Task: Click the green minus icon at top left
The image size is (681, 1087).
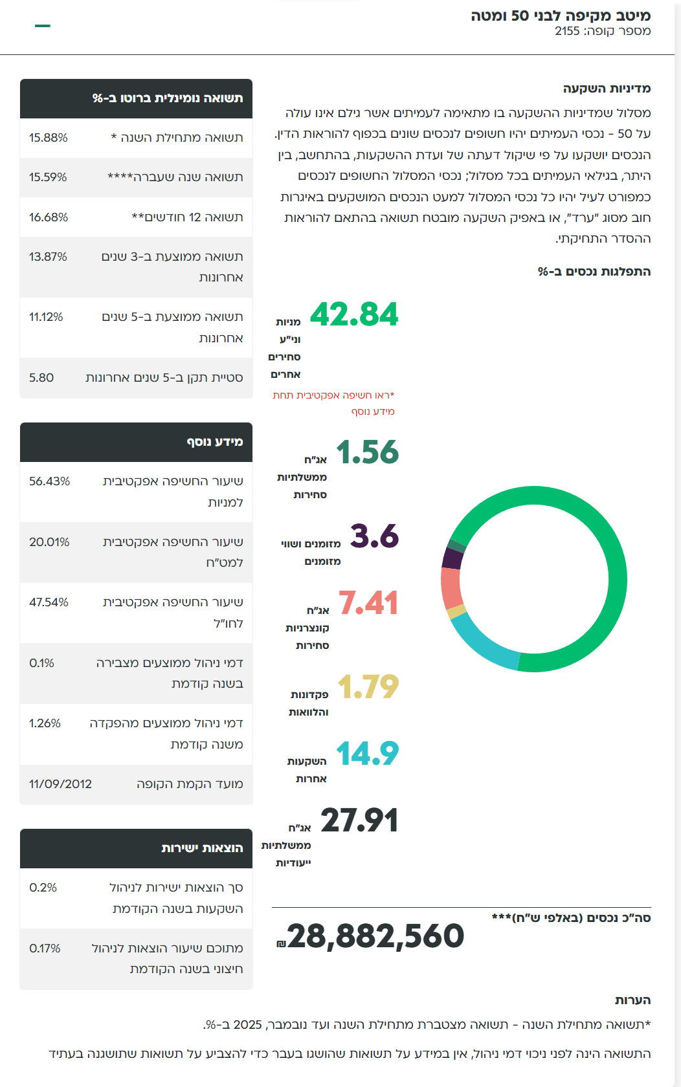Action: pos(43,26)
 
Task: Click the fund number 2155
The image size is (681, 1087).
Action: pos(567,31)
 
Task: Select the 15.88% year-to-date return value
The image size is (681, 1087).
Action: pos(49,138)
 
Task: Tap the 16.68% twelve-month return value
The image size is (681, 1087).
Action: pos(49,217)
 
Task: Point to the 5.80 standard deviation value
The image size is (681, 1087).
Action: pos(41,378)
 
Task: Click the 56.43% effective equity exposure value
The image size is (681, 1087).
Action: pos(49,481)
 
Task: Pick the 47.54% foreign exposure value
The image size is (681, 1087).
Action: pos(49,602)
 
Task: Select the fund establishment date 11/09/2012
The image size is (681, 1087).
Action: pos(60,784)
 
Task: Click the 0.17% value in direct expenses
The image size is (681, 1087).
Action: pos(45,949)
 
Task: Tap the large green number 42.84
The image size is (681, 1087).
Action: pos(354,315)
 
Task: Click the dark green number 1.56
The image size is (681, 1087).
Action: pos(367,452)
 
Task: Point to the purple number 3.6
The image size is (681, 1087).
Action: pos(374,536)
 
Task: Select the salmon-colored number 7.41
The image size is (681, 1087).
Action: pos(368,603)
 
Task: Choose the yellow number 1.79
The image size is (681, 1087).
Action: pos(368,687)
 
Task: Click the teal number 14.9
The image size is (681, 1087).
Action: pos(367,754)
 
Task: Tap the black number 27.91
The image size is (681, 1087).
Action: pos(359,821)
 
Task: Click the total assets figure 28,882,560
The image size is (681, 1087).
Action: pos(375,936)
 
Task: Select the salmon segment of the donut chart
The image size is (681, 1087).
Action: pos(451,587)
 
